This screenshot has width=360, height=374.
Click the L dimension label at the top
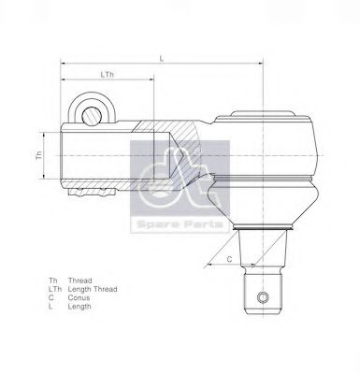161,58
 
